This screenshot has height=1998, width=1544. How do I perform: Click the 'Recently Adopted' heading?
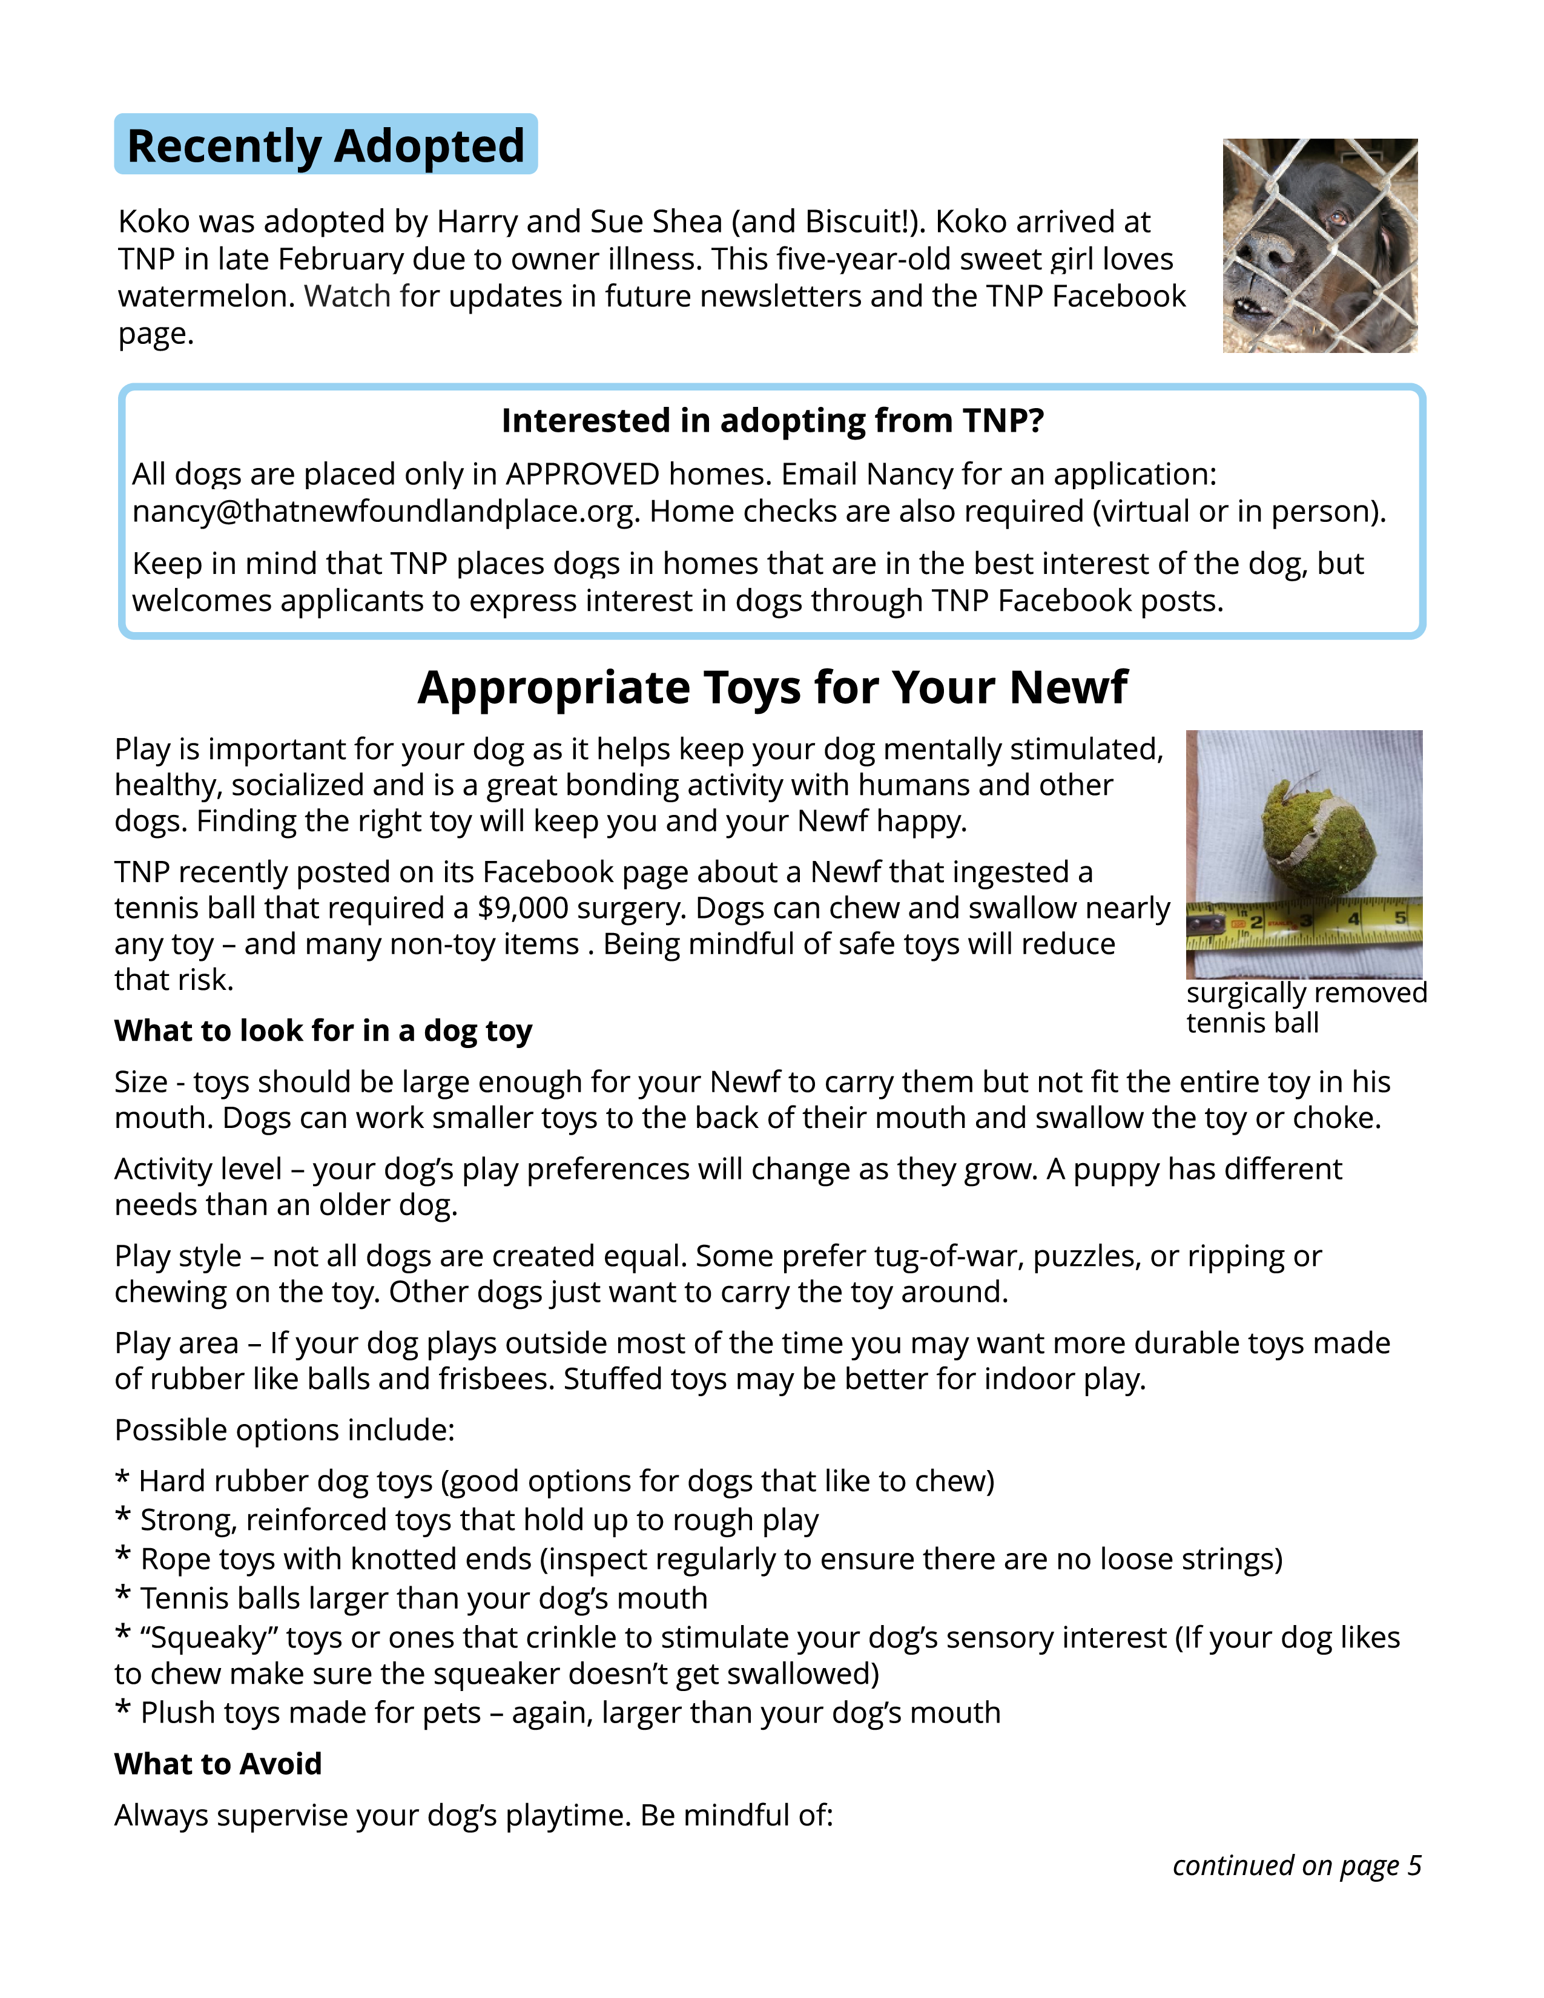tap(326, 145)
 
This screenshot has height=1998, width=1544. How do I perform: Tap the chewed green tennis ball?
tap(1316, 838)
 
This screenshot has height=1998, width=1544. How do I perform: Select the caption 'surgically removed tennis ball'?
tap(1305, 1007)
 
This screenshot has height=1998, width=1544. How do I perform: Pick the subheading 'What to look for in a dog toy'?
tap(323, 1031)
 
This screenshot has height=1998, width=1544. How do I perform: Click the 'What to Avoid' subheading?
tap(218, 1764)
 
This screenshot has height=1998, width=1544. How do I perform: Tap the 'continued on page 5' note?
tap(1296, 1865)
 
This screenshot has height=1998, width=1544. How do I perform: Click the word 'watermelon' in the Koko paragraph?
tap(206, 297)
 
